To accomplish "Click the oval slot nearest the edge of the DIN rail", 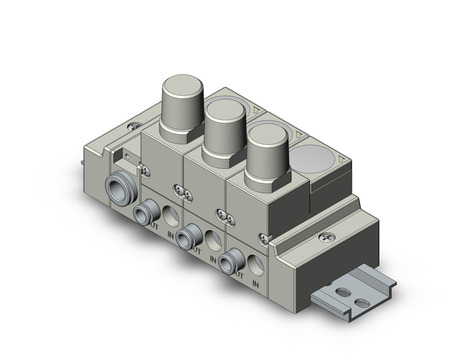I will pos(363,303).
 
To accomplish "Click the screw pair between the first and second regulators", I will pos(183,191).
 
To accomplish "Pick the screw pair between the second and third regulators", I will pos(224,216).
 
